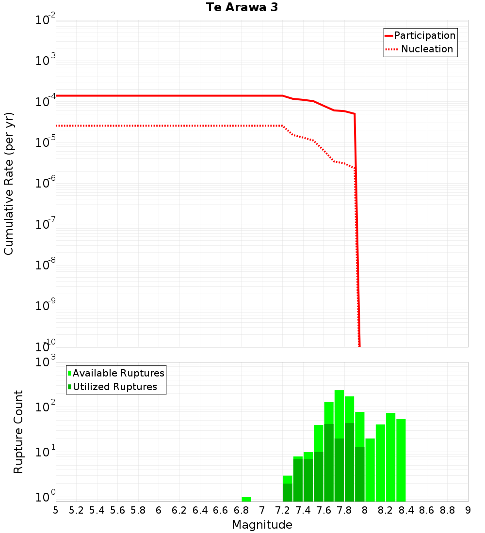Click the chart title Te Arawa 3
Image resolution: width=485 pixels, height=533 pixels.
[242, 8]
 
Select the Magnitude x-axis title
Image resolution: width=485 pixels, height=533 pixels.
[262, 525]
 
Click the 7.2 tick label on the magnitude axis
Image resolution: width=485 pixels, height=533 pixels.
[282, 510]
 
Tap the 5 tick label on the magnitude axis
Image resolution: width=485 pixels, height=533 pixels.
[56, 510]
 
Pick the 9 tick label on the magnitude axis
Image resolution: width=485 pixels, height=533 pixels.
[468, 510]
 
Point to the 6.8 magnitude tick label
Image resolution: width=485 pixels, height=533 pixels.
[241, 510]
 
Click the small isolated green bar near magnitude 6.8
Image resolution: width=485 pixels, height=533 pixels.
[246, 499]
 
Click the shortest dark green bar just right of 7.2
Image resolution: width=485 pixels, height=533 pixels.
[288, 492]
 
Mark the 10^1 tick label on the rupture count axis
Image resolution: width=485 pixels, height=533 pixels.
[47, 455]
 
